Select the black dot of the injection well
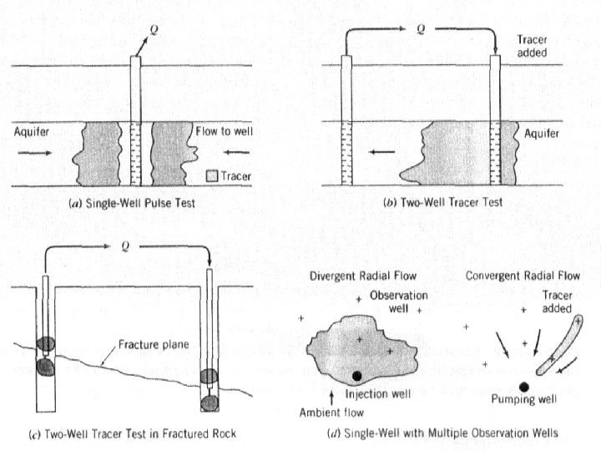[357, 377]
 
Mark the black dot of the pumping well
[523, 387]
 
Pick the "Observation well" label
[392, 302]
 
